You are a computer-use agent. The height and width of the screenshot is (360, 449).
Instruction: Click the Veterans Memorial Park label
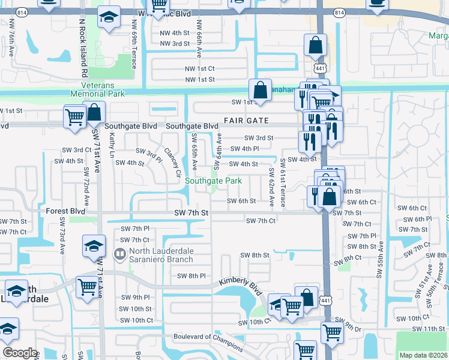pos(97,89)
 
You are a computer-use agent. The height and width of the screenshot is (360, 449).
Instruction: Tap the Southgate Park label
pos(213,181)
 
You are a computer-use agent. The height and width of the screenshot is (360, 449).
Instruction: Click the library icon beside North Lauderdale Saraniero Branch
pos(120,255)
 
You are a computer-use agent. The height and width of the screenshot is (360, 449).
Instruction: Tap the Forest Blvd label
pos(65,211)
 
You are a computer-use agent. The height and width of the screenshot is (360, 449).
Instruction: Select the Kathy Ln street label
pos(112,146)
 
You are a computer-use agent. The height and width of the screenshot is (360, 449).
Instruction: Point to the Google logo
pos(19,353)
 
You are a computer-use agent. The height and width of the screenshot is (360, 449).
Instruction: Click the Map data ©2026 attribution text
pos(423,355)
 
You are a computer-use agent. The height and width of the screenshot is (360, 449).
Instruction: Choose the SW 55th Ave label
pos(380,259)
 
